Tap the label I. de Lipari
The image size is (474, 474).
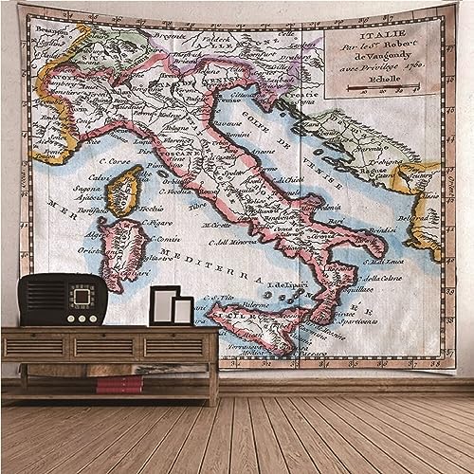coord(285,284)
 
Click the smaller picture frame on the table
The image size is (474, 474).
coord(183,310)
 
